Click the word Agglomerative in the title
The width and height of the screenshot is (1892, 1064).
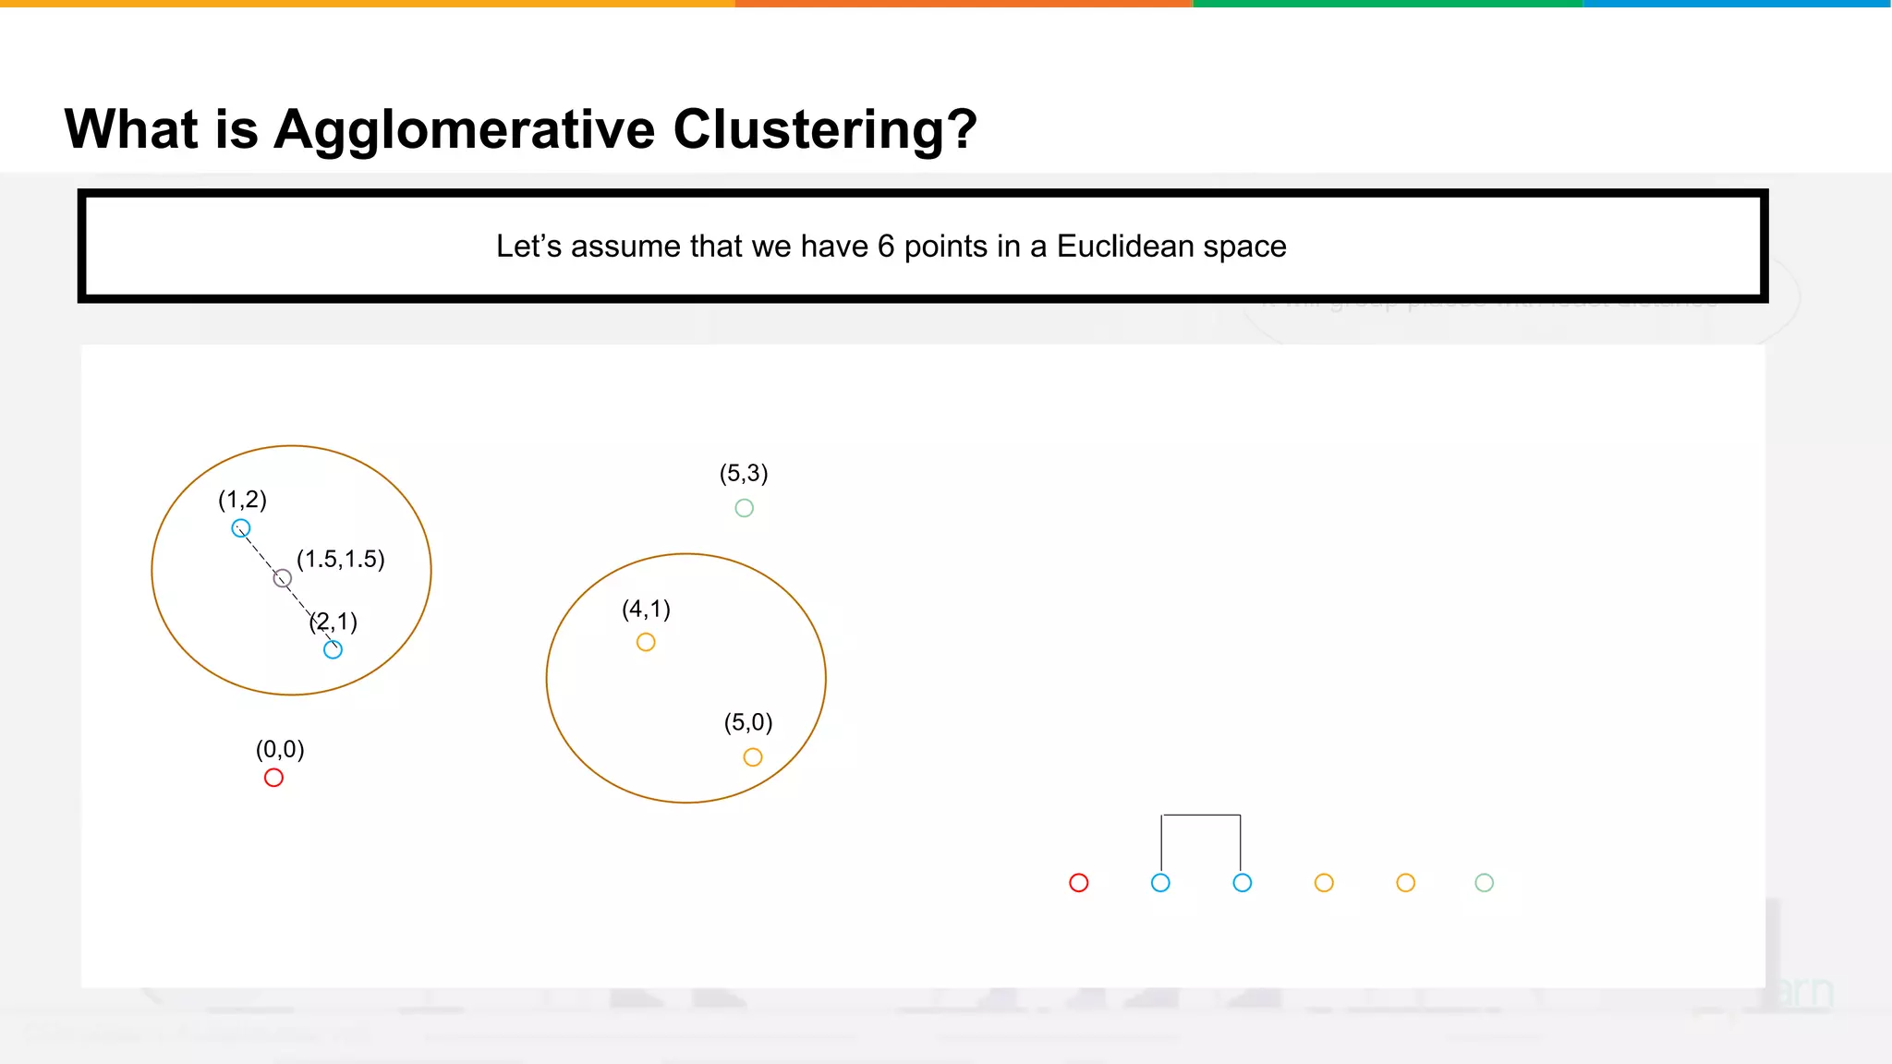(x=466, y=129)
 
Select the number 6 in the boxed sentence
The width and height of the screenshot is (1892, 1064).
(x=885, y=247)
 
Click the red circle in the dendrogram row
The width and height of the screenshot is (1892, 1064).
(x=1078, y=883)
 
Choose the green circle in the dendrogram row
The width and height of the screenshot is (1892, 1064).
(x=1484, y=883)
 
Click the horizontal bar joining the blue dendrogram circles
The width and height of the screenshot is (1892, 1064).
(x=1201, y=816)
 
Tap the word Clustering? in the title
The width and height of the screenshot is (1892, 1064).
(x=824, y=129)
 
